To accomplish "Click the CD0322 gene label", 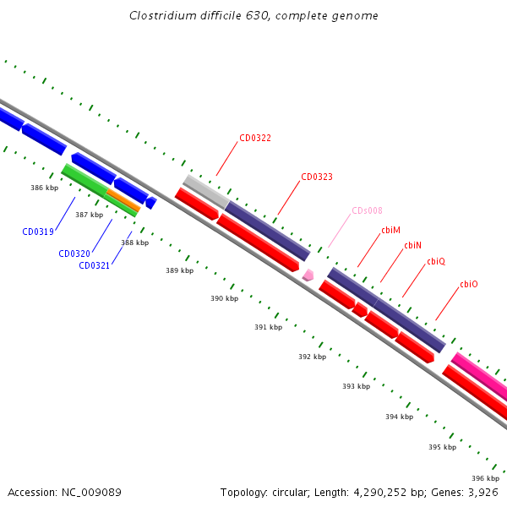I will [254, 138].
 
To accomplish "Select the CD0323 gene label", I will [317, 177].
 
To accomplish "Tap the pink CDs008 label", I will [367, 211].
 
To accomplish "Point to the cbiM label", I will [390, 230].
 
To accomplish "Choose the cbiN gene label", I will [412, 245].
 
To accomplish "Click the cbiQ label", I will [435, 262].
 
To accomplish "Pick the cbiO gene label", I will [468, 285].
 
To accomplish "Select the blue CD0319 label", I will [38, 232].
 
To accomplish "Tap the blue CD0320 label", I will [74, 253].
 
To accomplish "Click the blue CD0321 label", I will [95, 265].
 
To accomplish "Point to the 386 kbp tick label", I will [44, 188].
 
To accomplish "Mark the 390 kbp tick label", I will [224, 298].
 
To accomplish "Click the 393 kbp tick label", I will [356, 386].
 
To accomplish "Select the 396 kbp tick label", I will [485, 477].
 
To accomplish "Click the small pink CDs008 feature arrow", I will [308, 275].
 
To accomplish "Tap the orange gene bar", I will [123, 199].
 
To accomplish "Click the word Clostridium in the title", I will [161, 16].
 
